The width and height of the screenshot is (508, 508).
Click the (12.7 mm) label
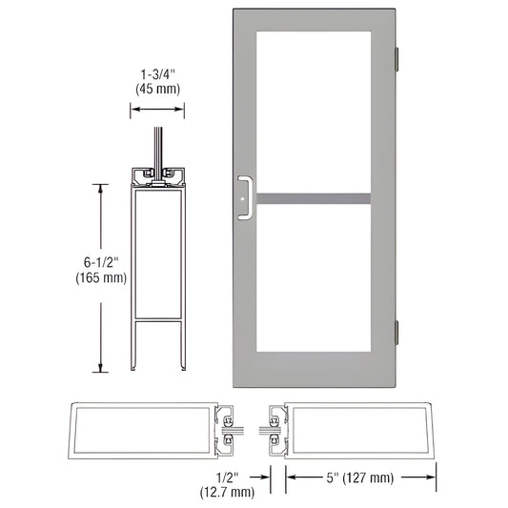pyautogui.click(x=227, y=492)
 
